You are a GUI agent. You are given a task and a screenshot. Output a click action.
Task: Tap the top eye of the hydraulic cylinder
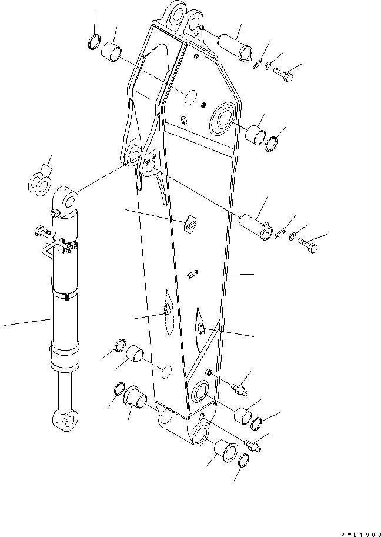click(x=69, y=201)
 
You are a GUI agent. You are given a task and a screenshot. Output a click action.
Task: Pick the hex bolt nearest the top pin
click(x=284, y=75)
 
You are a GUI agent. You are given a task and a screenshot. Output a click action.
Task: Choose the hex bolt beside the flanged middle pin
click(x=311, y=244)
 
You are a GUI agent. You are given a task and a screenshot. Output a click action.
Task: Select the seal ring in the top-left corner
click(x=94, y=44)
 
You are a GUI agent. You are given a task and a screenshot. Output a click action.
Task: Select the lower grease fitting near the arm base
click(x=254, y=446)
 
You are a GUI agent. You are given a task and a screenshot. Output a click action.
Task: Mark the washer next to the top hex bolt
click(x=268, y=66)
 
